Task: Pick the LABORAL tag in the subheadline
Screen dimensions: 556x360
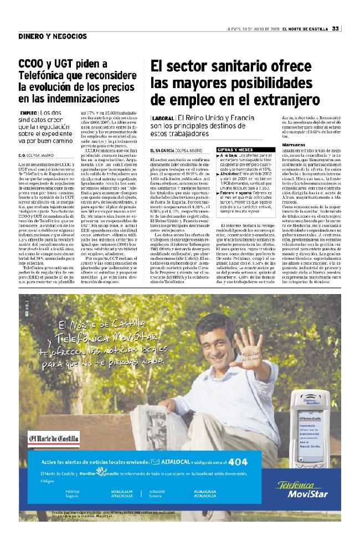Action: point(162,119)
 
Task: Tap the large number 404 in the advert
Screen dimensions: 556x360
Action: point(238,461)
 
